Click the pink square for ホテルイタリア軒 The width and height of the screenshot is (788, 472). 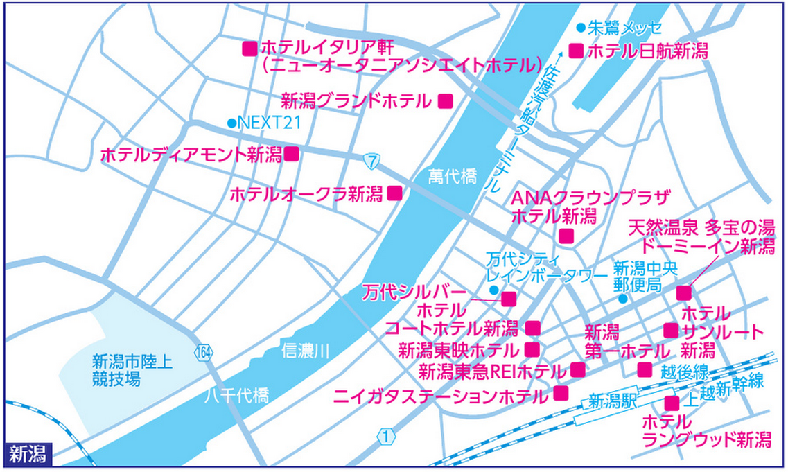pyautogui.click(x=248, y=49)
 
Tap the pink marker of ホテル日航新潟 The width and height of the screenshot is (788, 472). pyautogui.click(x=575, y=50)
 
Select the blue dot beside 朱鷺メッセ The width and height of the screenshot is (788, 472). pyautogui.click(x=580, y=28)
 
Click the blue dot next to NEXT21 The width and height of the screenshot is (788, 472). pyautogui.click(x=231, y=123)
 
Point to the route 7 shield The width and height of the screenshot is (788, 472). pyautogui.click(x=373, y=161)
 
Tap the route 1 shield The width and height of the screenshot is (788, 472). pyautogui.click(x=385, y=437)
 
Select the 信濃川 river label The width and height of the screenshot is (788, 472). pyautogui.click(x=305, y=351)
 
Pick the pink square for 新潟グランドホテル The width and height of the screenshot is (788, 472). pyautogui.click(x=446, y=101)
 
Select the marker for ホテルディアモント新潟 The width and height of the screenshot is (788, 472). pyautogui.click(x=292, y=154)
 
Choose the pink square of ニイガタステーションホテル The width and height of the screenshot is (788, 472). pyautogui.click(x=561, y=394)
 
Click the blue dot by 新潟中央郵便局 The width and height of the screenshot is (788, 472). pyautogui.click(x=622, y=299)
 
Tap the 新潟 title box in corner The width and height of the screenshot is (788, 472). pyautogui.click(x=28, y=455)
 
